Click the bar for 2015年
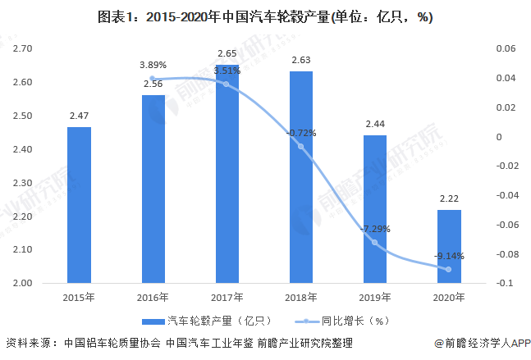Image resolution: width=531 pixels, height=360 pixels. point(79,205)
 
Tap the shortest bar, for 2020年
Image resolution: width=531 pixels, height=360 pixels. point(449,246)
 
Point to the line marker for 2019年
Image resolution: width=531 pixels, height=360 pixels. point(375,243)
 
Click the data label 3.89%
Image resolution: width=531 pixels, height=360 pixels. point(153,65)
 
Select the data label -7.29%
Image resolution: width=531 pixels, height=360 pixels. point(374,229)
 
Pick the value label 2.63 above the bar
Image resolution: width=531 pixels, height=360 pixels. point(301,59)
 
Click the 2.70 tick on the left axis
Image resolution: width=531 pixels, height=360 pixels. point(22,49)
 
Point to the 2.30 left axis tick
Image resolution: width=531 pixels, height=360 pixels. point(22,183)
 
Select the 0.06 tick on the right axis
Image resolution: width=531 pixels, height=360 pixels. point(506,49)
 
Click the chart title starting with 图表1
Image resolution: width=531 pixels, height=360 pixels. point(265,16)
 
